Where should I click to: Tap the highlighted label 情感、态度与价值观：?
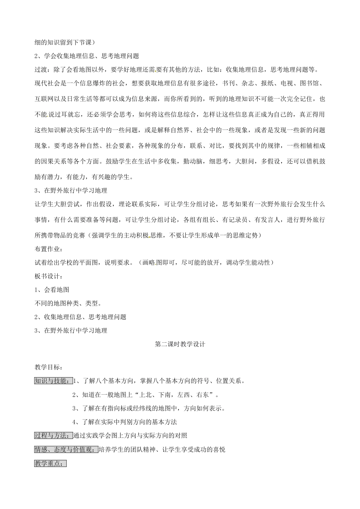pyautogui.click(x=66, y=449)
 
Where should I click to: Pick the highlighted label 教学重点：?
pyautogui.click(x=50, y=463)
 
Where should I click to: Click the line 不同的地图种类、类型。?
pyautogui.click(x=68, y=303)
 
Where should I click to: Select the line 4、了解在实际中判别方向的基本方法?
pyautogui.click(x=124, y=422)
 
